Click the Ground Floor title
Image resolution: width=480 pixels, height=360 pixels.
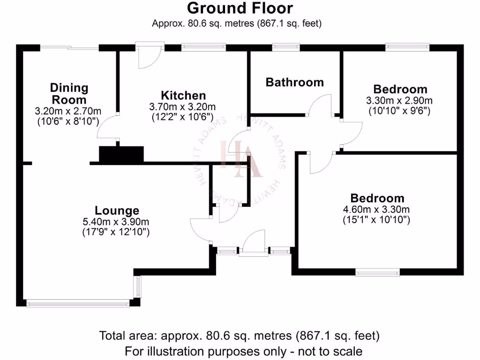[x=240, y=8]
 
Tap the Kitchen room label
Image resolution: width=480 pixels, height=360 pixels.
[x=183, y=95]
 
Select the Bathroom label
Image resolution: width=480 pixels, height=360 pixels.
[x=294, y=82]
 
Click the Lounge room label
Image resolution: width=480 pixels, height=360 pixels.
[x=117, y=210]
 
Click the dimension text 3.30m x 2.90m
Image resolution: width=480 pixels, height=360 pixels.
[x=400, y=100]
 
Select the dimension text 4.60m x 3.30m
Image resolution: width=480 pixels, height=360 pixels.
[x=377, y=209]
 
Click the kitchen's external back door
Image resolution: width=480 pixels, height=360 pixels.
[x=150, y=55]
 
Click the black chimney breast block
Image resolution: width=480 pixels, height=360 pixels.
[x=121, y=154]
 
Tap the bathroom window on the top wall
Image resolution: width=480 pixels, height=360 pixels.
[x=286, y=47]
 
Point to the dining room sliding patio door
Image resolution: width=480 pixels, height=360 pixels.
[x=69, y=47]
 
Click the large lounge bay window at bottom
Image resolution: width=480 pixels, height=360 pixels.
[x=78, y=304]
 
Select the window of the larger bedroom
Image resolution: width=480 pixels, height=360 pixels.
[x=377, y=272]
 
